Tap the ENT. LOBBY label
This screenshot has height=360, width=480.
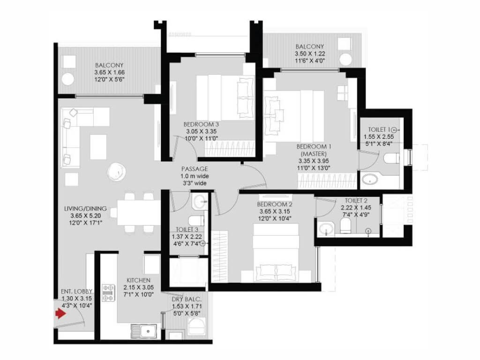pos(76,291)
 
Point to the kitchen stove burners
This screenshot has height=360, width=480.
pos(108,293)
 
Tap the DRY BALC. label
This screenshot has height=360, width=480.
pos(187,299)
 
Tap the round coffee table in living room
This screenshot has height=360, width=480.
pos(115,172)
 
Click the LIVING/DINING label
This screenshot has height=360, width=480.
pos(86,209)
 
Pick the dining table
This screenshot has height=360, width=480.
pos(135,212)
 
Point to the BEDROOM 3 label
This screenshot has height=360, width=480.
pos(201,124)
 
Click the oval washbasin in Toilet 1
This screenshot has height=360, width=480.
pos(372,179)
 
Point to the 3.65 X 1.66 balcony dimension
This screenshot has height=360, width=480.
pos(109,73)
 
